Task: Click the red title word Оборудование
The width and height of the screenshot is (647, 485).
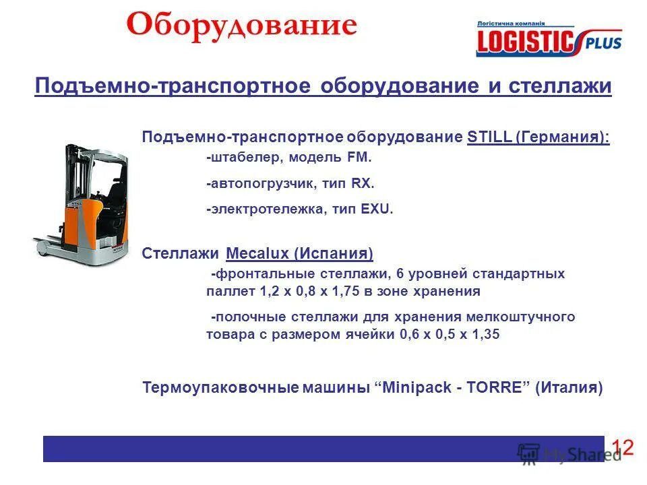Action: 241,26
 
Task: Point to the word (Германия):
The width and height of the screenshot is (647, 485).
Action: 563,137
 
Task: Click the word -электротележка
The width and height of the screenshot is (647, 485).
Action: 256,209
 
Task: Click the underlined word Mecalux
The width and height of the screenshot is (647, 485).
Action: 257,254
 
